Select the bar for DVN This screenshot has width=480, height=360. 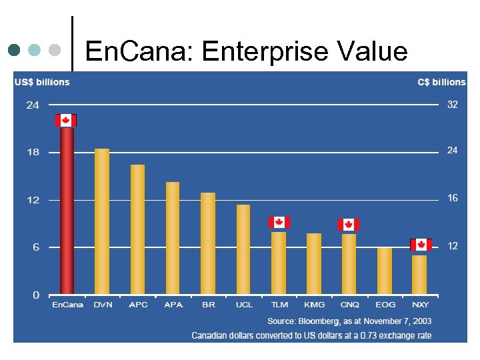(102, 221)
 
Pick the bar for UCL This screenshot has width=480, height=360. (243, 249)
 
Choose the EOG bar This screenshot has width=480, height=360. (385, 271)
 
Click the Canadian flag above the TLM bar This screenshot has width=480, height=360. (279, 222)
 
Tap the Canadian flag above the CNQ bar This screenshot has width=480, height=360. (349, 224)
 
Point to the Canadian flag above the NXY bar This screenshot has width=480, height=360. (421, 245)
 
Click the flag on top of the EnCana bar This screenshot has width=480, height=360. (65, 120)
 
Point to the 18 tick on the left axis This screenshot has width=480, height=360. (33, 152)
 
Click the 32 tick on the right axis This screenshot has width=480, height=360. (452, 105)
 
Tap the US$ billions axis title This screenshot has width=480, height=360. (42, 82)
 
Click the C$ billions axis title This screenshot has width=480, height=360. (441, 82)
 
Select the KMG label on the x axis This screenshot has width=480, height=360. (314, 305)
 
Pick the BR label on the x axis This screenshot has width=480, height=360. (209, 305)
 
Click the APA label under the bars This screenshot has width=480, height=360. (173, 305)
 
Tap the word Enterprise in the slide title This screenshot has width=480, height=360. (268, 51)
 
